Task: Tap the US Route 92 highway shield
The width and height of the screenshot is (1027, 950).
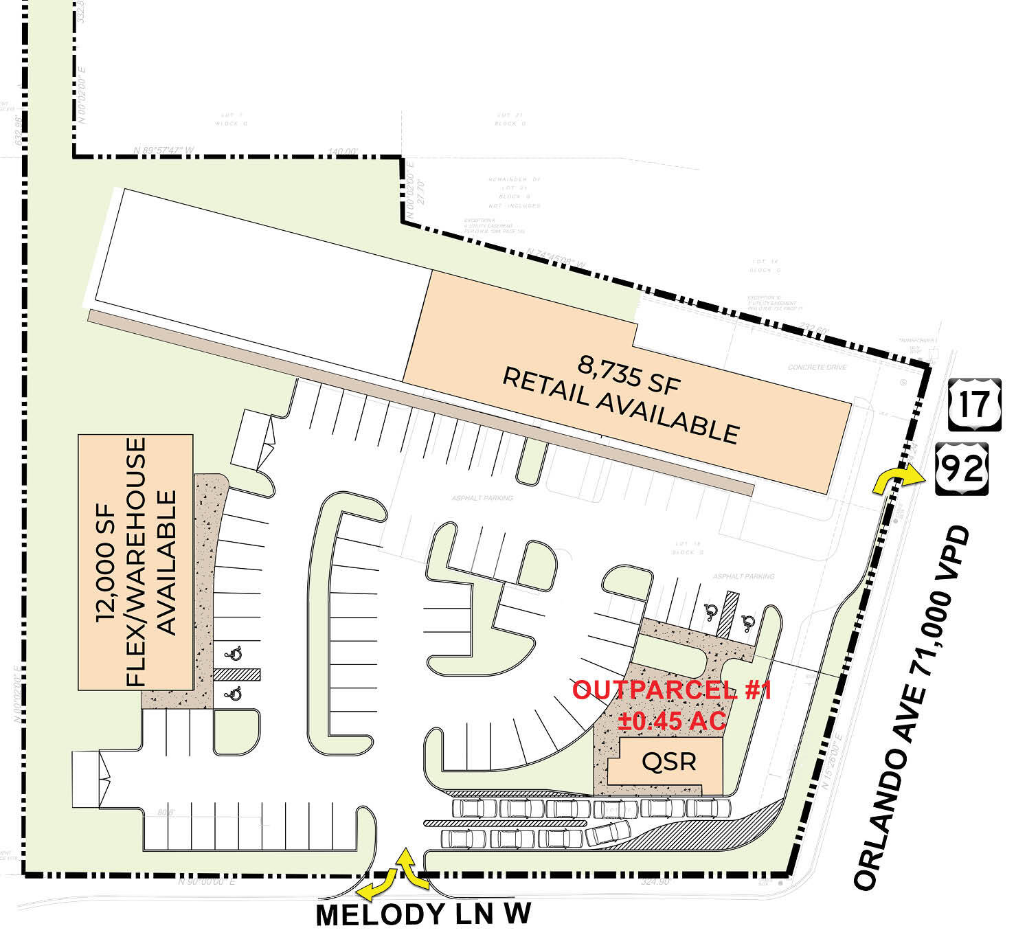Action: tap(962, 468)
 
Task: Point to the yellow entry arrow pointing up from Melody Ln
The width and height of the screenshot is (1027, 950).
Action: tap(411, 867)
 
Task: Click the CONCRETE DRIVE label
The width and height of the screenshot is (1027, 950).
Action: tap(817, 367)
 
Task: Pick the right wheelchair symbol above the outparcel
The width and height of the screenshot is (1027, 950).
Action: tap(748, 622)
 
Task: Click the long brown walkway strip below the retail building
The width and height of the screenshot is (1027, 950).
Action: tap(420, 400)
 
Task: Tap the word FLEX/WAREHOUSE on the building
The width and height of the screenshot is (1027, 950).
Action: tap(137, 561)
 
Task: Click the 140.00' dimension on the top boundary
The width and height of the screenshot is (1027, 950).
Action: tap(343, 152)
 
